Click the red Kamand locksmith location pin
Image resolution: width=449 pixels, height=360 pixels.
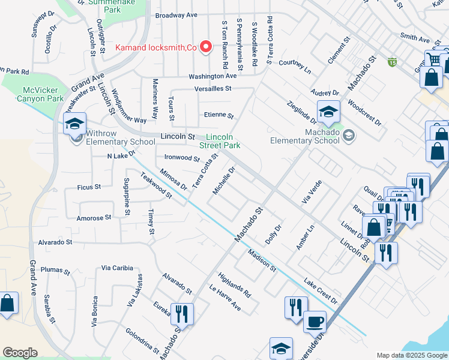206,47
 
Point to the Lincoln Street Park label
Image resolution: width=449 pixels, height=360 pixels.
220,141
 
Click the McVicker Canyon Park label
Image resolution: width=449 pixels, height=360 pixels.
40,94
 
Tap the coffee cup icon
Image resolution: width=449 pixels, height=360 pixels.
315,323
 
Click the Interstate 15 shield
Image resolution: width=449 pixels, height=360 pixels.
392,62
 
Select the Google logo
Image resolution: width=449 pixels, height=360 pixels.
20,353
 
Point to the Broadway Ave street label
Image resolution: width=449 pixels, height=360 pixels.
176,15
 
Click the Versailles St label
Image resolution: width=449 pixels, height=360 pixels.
213,89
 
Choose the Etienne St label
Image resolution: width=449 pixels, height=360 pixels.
218,116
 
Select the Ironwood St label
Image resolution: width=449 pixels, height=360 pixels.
181,158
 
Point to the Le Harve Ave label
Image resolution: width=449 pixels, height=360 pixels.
224,297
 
